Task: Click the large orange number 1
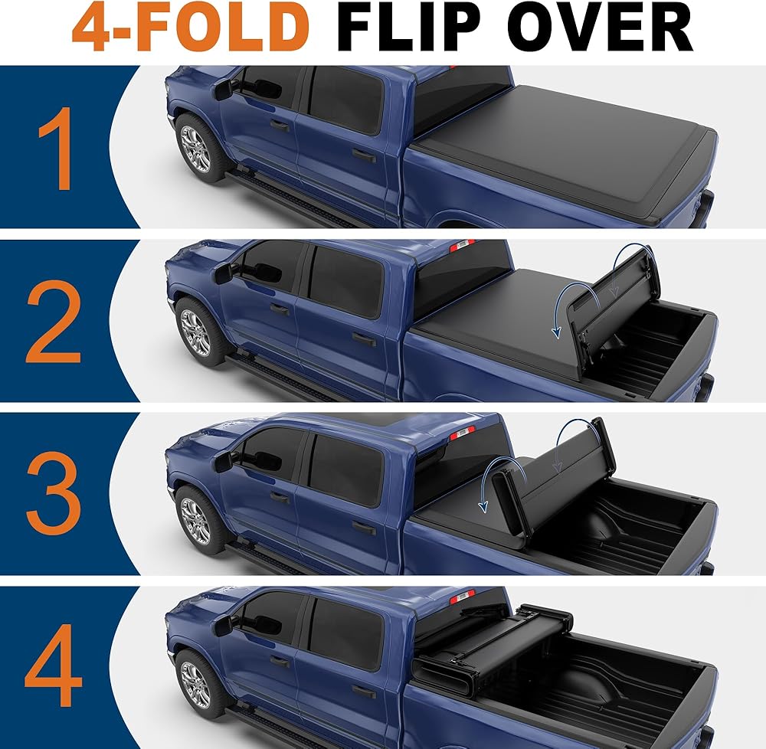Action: pos(57,149)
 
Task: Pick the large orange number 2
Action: pos(54,322)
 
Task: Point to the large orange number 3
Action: pos(54,492)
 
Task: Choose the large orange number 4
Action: pos(53,665)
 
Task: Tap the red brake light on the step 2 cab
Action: pos(462,246)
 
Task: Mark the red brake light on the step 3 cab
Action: pos(462,433)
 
